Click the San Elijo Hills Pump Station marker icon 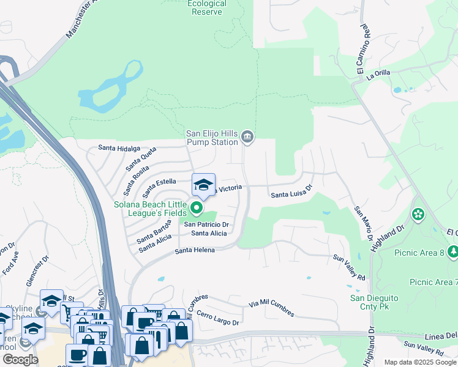coord(247,136)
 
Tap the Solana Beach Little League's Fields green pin coord(197,209)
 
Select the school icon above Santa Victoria coord(203,183)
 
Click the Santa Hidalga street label coord(119,148)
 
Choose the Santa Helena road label coord(194,251)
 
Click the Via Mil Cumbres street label coord(271,308)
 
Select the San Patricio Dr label coord(207,224)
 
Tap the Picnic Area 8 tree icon coord(453,251)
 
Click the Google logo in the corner coord(20,360)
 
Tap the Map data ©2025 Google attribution coord(420,362)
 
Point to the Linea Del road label coord(441,337)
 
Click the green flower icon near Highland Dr coord(418,214)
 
